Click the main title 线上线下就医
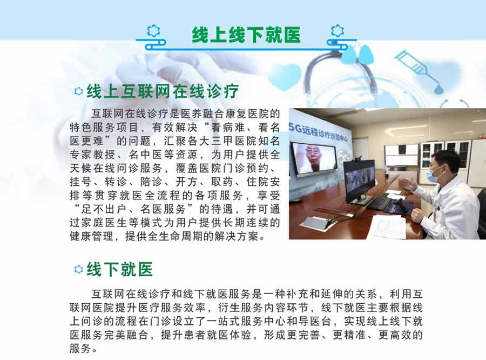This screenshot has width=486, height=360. [246, 35]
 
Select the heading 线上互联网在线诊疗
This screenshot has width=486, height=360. [163, 91]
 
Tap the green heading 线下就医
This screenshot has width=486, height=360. [120, 269]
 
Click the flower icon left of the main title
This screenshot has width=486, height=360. [153, 31]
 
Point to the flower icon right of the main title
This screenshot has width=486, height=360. [337, 31]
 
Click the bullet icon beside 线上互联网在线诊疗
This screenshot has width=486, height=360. [79, 91]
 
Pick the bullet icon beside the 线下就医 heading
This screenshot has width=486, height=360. [79, 269]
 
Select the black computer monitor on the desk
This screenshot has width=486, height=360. [359, 182]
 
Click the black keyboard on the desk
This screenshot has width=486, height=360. [380, 202]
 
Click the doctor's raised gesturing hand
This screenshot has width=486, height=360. [409, 183]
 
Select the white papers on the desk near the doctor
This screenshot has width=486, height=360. [387, 226]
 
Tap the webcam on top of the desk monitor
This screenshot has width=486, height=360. [359, 158]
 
